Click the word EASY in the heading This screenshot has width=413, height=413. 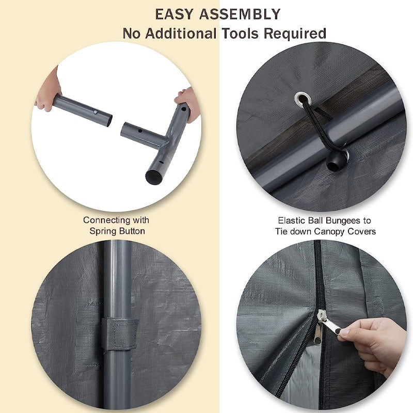tap(174, 14)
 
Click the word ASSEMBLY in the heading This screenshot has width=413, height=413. tap(240, 14)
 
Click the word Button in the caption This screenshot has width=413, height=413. tap(132, 231)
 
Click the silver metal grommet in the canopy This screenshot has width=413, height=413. tap(303, 99)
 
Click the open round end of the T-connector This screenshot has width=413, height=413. tap(153, 177)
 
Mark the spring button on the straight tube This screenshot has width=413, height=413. tap(96, 113)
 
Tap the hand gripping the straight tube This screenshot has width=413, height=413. tap(48, 91)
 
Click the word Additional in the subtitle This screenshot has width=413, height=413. tap(181, 34)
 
